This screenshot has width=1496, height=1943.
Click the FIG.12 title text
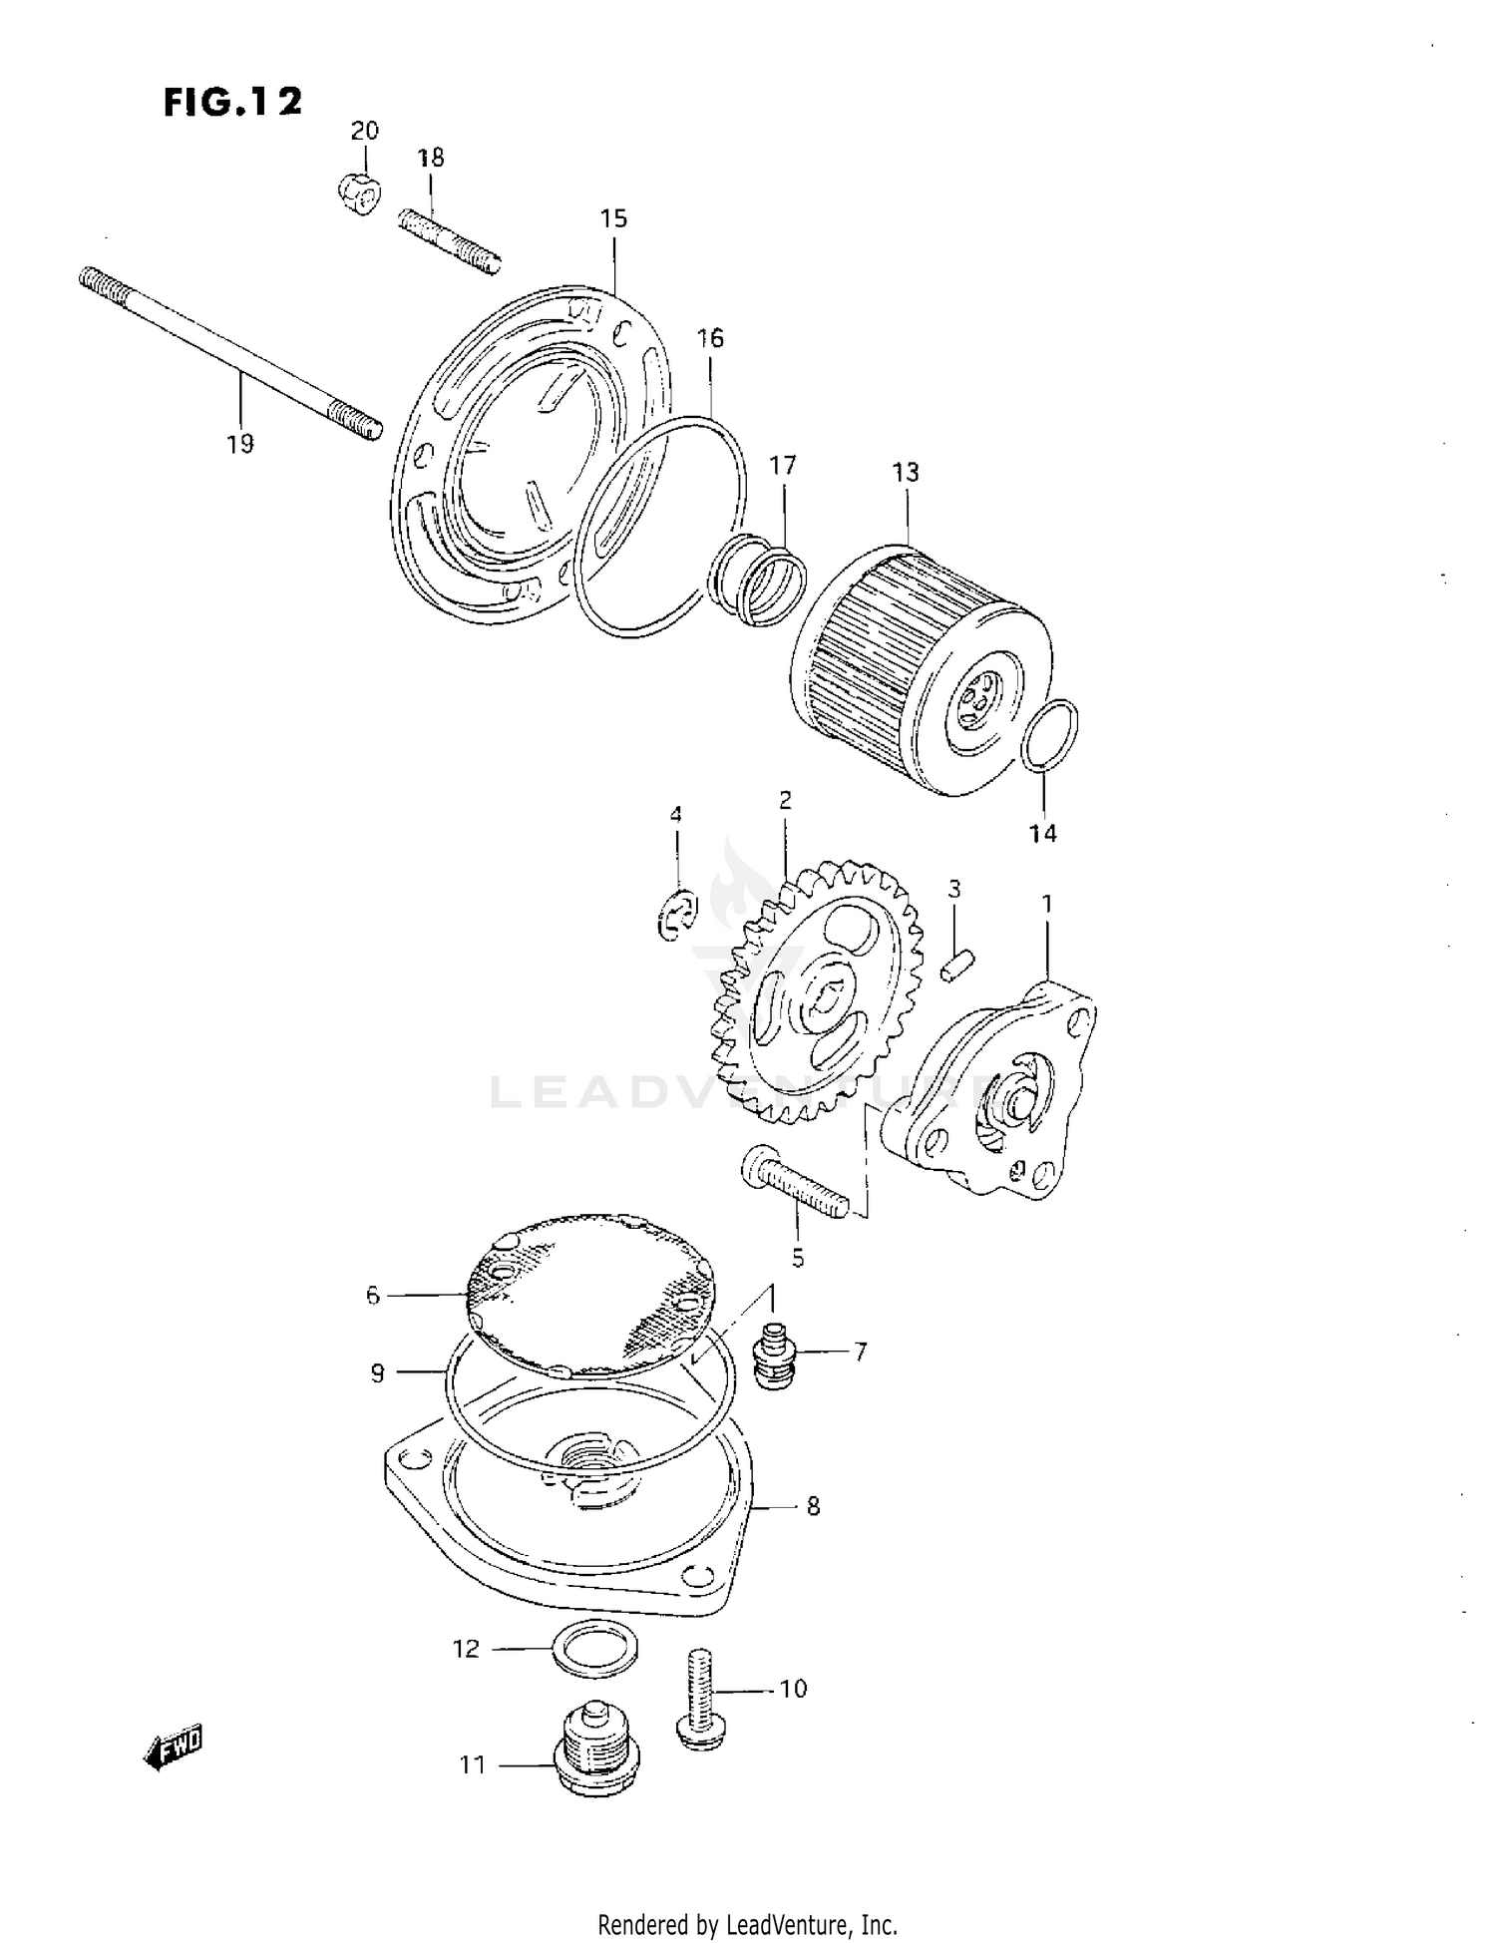pos(232,102)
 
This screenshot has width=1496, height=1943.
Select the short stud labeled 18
pos(449,239)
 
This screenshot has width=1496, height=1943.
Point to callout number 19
pos(240,444)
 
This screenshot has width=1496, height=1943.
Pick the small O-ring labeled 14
pos(1051,735)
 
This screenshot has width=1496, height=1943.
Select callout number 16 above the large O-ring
pos(710,338)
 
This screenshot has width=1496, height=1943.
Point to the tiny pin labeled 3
pos(957,965)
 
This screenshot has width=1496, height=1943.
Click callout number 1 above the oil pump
pos(1047,904)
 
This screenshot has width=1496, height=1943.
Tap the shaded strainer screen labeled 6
pos(594,1293)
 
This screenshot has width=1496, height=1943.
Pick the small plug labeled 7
pos(769,1355)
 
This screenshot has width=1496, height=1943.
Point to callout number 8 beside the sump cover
pos(813,1506)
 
